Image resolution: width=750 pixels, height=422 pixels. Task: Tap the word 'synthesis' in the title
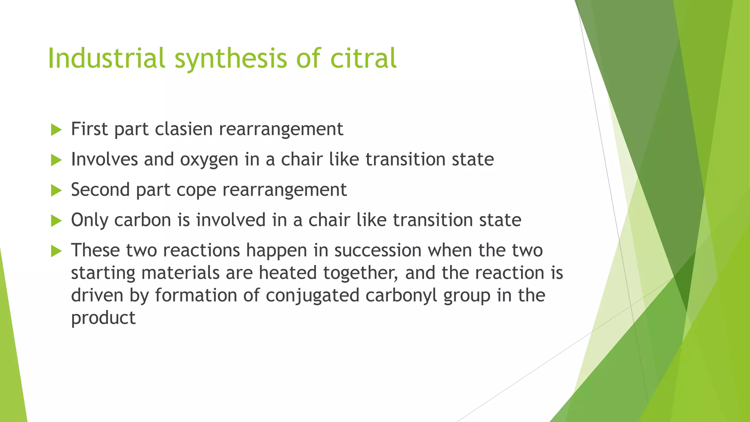point(231,59)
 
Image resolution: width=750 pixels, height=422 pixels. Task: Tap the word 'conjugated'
point(312,296)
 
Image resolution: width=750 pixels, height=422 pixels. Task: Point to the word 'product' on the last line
point(103,318)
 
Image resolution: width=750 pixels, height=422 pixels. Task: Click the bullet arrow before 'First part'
point(56,130)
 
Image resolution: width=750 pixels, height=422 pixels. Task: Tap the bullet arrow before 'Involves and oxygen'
point(56,160)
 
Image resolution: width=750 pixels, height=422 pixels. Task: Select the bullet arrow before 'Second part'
point(56,190)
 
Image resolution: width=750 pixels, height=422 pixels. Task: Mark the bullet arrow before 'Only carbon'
point(56,221)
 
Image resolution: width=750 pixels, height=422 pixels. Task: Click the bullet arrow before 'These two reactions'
point(56,251)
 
